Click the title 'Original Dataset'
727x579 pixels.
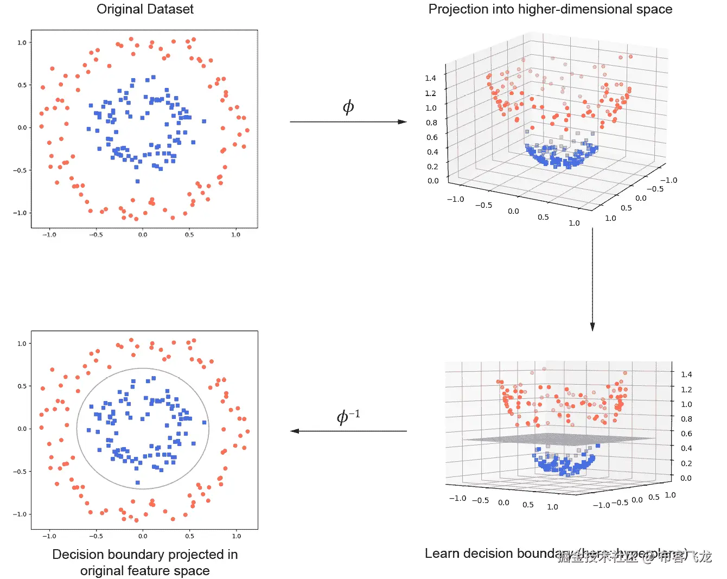tap(145, 9)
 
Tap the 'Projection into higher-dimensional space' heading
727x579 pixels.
tap(550, 9)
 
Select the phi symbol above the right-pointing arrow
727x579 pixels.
tap(348, 107)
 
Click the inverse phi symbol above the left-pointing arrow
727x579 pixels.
tap(348, 417)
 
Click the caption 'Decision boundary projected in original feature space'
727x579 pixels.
tap(145, 562)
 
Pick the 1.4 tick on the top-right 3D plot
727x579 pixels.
tap(431, 78)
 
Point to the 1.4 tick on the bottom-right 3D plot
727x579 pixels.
tap(686, 374)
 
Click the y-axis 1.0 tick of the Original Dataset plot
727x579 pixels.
tap(22, 42)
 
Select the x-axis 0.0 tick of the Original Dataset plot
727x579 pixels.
tap(143, 235)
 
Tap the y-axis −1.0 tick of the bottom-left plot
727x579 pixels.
tap(20, 514)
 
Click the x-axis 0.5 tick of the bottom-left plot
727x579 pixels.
tap(189, 536)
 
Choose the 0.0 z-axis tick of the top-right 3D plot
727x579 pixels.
tap(433, 181)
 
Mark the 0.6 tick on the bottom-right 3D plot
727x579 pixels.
tap(686, 434)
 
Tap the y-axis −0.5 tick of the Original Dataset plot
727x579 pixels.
tap(20, 170)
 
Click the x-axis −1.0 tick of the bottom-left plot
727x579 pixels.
tap(49, 536)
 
